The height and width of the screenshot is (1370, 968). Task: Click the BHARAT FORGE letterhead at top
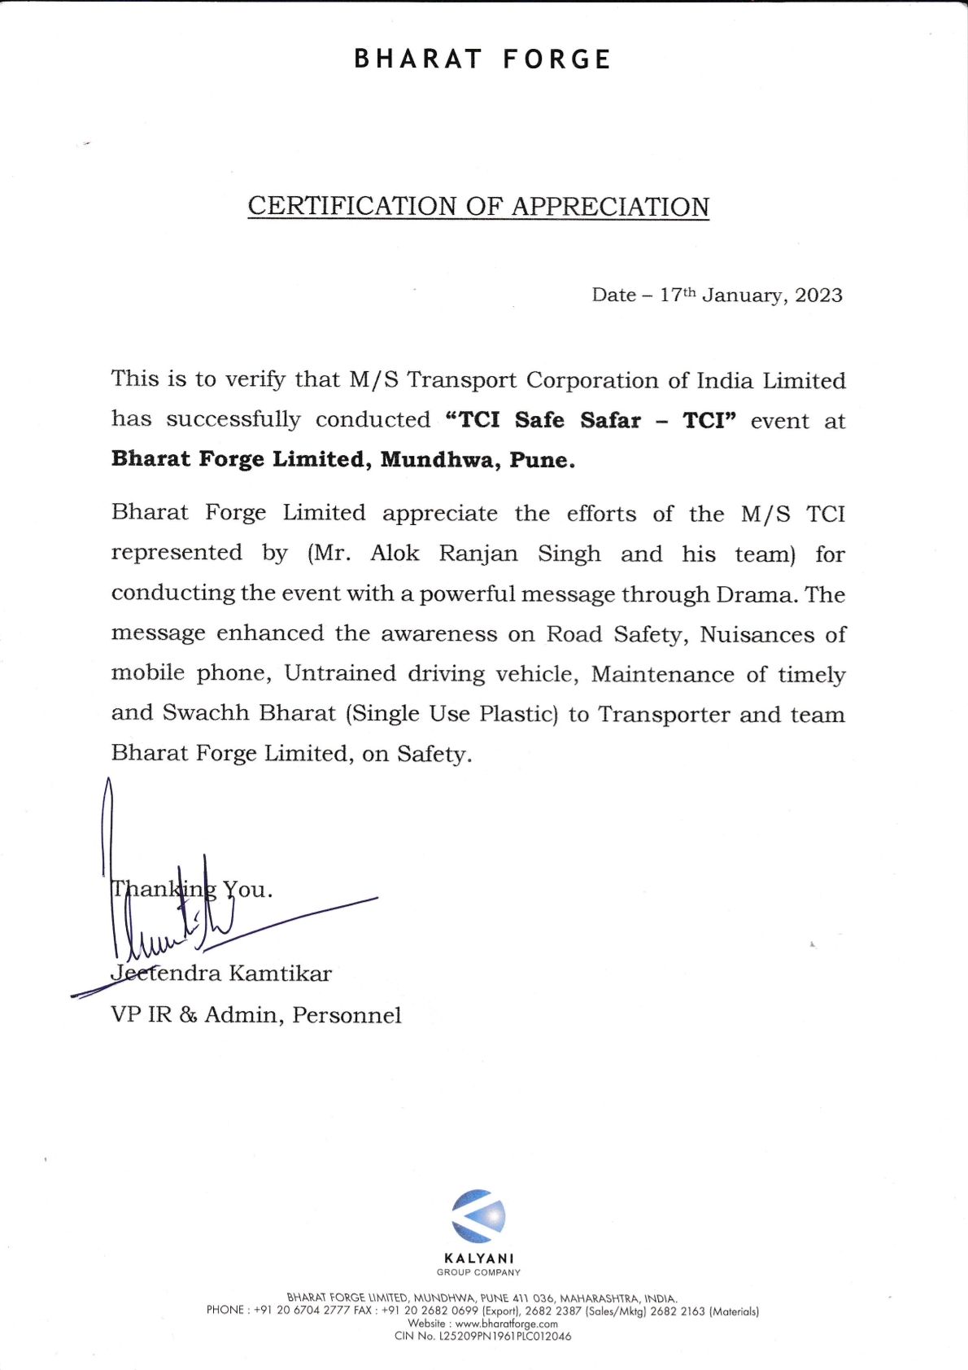point(482,59)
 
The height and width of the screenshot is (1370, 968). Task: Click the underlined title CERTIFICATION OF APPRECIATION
point(478,206)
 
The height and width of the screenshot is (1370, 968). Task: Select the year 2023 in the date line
point(818,295)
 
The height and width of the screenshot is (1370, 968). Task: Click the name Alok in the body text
point(395,554)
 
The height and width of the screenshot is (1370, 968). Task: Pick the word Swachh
point(206,713)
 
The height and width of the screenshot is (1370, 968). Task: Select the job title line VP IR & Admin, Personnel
point(256,1014)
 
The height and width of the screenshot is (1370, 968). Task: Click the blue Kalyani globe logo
point(478,1216)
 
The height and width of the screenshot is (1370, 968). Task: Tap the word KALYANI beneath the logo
point(479,1258)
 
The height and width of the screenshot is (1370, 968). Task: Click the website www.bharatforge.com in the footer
point(506,1324)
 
